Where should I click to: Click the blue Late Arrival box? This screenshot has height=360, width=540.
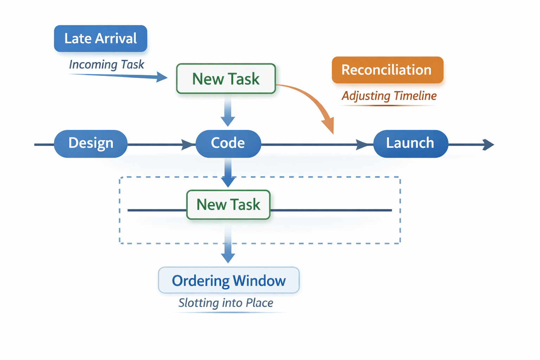(x=101, y=39)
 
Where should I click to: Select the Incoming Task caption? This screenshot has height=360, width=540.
(x=107, y=65)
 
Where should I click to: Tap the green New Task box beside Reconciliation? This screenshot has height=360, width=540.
(x=226, y=79)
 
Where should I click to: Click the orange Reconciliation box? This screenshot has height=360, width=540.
(x=388, y=70)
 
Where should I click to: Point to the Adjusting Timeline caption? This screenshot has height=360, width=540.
(x=389, y=96)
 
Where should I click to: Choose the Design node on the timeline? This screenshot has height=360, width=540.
(x=91, y=144)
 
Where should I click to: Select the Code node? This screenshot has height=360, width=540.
(x=228, y=144)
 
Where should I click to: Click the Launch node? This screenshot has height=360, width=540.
(x=411, y=144)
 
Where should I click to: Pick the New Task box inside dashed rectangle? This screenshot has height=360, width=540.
(x=228, y=205)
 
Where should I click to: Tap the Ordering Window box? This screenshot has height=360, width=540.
(x=229, y=280)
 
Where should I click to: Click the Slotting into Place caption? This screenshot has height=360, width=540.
(x=226, y=303)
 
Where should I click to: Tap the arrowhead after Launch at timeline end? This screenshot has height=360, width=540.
(x=488, y=145)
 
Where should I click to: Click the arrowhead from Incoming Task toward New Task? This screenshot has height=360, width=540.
(x=161, y=77)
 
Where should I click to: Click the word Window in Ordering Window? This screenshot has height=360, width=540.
(x=259, y=281)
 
